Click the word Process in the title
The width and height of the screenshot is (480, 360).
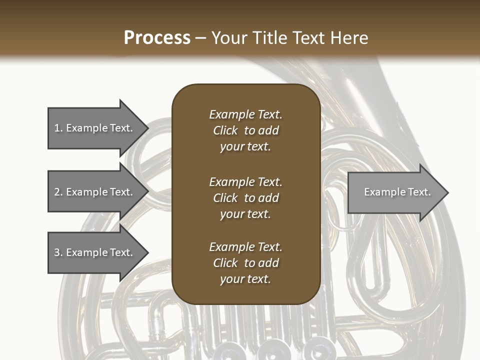coord(157,38)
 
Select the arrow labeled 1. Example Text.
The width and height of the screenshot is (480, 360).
coord(95,128)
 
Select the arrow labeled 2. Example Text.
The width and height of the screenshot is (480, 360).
coord(95,192)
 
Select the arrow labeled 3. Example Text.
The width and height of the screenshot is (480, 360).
coord(95,252)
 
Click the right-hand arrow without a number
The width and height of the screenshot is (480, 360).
coord(395,192)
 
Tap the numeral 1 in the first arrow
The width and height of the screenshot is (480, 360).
coord(57,128)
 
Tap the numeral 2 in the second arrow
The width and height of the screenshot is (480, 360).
coord(57,192)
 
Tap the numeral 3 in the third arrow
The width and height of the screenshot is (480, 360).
coord(57,252)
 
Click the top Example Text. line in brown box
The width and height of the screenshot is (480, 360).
coord(245,114)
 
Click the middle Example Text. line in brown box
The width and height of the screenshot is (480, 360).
coord(245,182)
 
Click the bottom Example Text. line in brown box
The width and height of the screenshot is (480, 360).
coord(245,247)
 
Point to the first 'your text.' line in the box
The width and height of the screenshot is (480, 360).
coord(245,147)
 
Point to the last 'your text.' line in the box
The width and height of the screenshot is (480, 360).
coord(245,279)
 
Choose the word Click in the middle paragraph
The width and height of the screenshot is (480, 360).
coord(225,198)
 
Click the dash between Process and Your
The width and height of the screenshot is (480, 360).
coord(201,38)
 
